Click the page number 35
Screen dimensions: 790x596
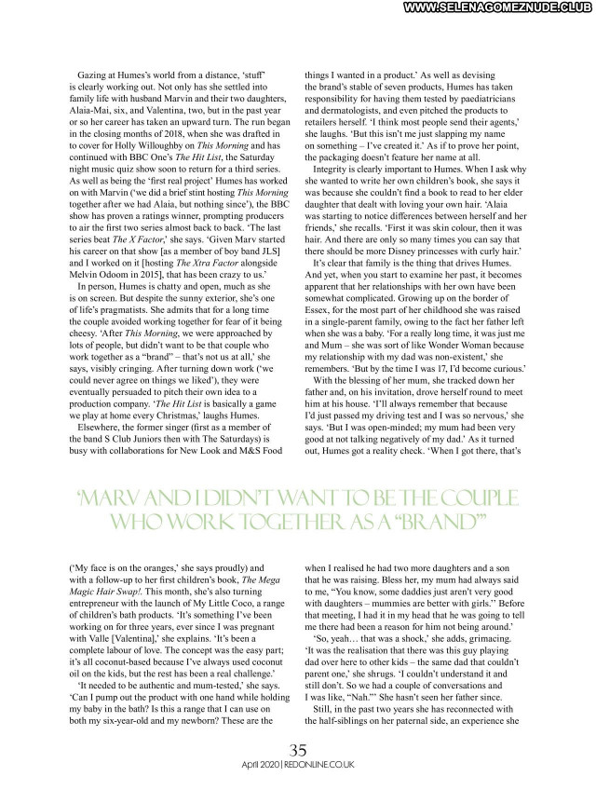(x=298, y=750)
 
